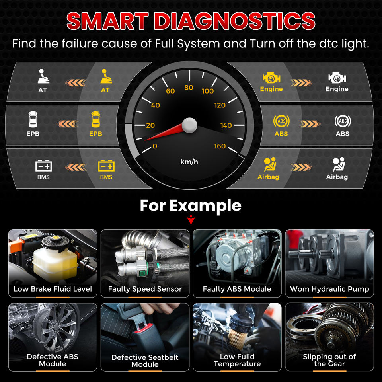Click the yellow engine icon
[271, 78]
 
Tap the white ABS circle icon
[343, 121]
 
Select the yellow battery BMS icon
[106, 166]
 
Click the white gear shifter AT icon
[43, 76]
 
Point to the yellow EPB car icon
[95, 119]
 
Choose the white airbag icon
[339, 164]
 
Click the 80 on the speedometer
[189, 88]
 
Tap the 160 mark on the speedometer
[220, 146]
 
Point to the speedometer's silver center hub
[189, 125]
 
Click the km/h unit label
[189, 162]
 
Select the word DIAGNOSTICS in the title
[235, 21]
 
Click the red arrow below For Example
[191, 220]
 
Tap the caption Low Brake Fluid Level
[53, 289]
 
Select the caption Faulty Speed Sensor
[145, 289]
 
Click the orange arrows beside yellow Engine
[301, 83]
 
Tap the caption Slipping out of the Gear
[329, 360]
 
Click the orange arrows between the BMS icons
[76, 167]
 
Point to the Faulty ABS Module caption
[237, 289]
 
